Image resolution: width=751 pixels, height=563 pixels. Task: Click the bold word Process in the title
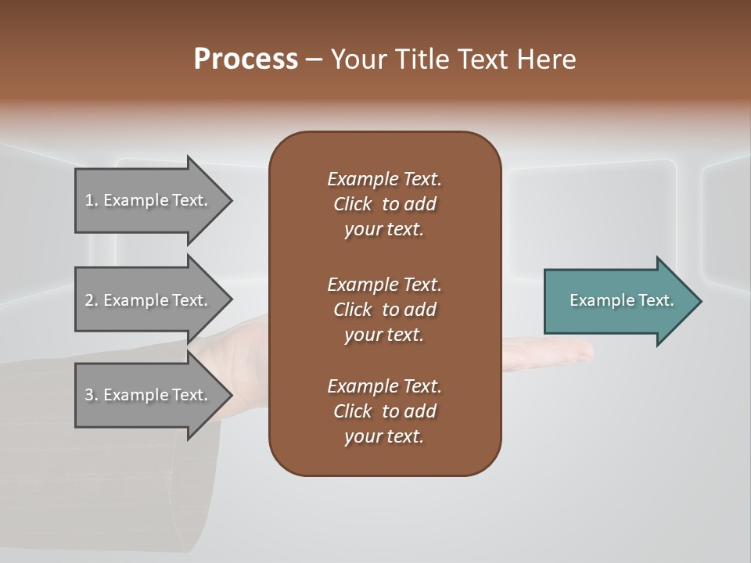click(246, 59)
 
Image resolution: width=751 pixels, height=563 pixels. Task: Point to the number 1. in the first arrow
click(92, 200)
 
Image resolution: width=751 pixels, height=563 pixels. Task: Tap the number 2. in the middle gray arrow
click(92, 300)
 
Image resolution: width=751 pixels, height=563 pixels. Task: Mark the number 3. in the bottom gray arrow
click(92, 395)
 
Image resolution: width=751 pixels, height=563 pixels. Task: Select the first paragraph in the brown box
click(384, 204)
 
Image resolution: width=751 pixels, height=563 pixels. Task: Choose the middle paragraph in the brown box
click(384, 309)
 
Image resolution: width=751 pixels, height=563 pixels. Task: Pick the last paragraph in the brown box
click(384, 411)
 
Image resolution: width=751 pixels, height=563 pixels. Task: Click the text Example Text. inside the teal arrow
click(622, 300)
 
